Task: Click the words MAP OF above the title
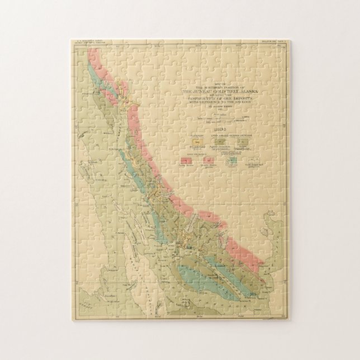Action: [x=214, y=85]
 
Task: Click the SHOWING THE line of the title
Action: [x=214, y=94]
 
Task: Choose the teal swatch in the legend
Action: [x=231, y=160]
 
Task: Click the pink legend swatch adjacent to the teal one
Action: [x=208, y=160]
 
